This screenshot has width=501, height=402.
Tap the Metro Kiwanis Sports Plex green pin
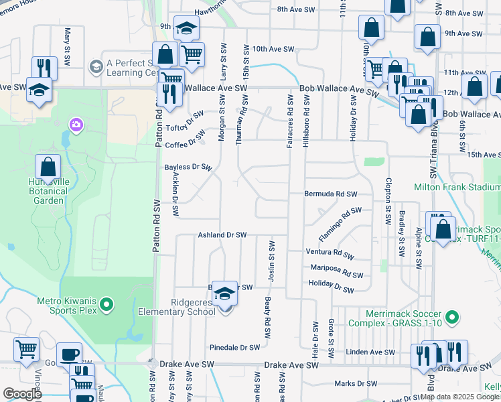coord(106,306)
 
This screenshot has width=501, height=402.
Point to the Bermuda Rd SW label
coord(331,194)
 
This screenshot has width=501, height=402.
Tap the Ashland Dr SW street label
coord(222,235)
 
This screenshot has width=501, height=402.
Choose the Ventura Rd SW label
coord(329,253)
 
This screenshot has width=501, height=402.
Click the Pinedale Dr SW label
coord(234,348)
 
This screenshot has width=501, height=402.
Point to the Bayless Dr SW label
coord(188,167)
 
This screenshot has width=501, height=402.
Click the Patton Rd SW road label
coord(157,226)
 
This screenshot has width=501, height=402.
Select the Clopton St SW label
coord(388,201)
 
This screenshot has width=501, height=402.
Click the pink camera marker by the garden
coord(76,125)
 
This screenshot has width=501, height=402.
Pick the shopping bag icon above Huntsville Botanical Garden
coord(48,166)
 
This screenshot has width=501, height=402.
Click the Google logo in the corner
coord(21,394)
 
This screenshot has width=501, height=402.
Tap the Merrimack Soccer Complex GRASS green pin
coord(453,316)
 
